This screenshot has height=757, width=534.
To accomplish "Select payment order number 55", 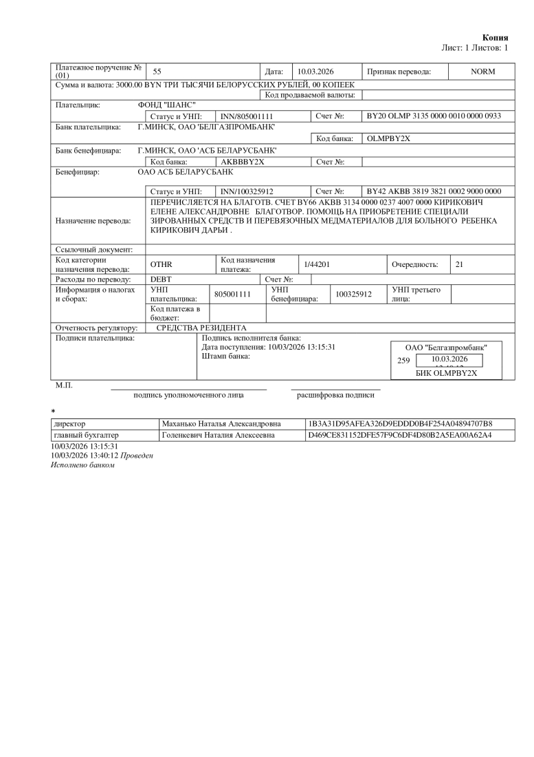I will coord(157,72).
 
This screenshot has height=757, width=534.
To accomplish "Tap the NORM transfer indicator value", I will coord(482,72).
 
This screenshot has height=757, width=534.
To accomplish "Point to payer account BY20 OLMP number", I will coord(434,116).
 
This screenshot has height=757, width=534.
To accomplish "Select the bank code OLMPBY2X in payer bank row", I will coord(389,138).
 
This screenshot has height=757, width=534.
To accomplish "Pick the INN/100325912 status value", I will coord(247,191).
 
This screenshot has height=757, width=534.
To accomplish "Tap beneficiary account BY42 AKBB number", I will coord(434,191).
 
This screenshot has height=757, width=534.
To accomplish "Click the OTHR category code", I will coord(161,264).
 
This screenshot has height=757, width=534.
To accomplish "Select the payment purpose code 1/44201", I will coord(317,264).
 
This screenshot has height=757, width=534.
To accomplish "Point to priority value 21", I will coord(459,264).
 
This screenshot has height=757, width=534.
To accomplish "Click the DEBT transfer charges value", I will coord(161,279).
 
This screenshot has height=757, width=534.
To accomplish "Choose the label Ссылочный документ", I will coord(96,249).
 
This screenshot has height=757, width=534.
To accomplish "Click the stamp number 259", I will coord(404,360).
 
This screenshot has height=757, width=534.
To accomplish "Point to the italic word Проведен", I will coord(137,456).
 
